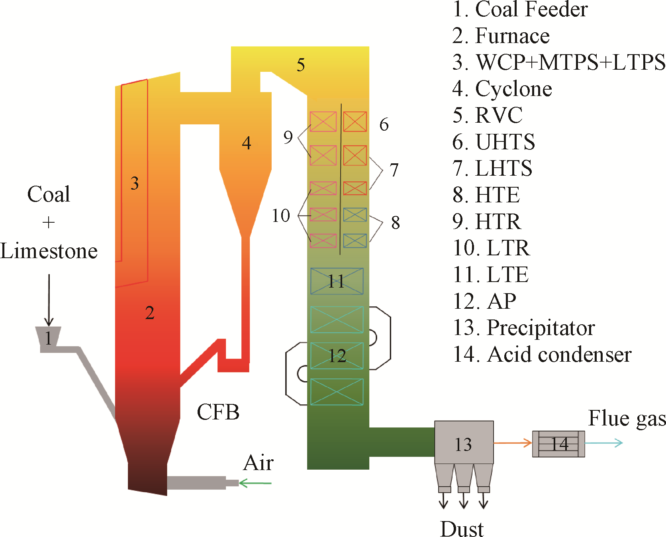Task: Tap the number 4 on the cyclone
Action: point(247,143)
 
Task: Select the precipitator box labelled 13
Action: point(464,443)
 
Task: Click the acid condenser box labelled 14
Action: point(558,444)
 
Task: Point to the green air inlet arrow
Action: point(255,483)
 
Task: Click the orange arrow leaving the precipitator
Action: point(513,443)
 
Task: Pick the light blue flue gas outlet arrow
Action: point(603,443)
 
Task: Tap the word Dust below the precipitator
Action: point(462,529)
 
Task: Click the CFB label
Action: point(218,412)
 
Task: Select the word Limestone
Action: point(49,251)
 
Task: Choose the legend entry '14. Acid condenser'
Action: point(542,354)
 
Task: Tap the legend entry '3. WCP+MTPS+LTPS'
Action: point(558,62)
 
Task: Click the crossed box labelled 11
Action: point(337,281)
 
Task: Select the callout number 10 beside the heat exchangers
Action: point(281,216)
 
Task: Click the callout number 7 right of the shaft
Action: point(394,170)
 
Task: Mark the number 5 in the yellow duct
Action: point(301,65)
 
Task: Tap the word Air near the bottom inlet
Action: point(259,463)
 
